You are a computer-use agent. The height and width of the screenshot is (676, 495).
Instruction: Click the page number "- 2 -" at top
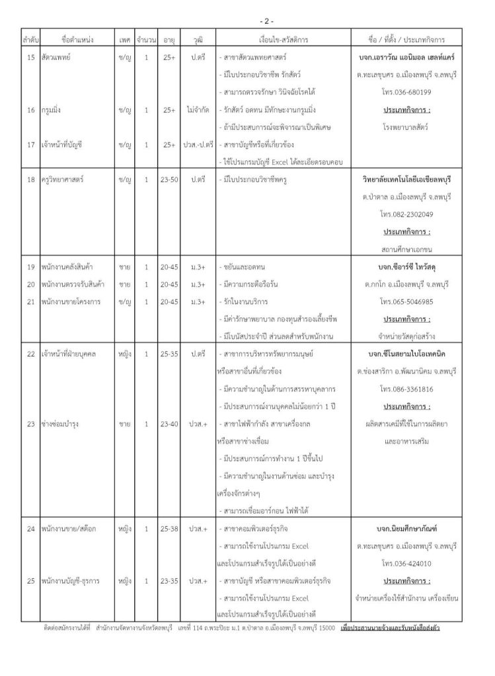pos(247,22)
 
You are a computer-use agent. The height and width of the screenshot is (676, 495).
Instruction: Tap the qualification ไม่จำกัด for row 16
pos(197,110)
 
